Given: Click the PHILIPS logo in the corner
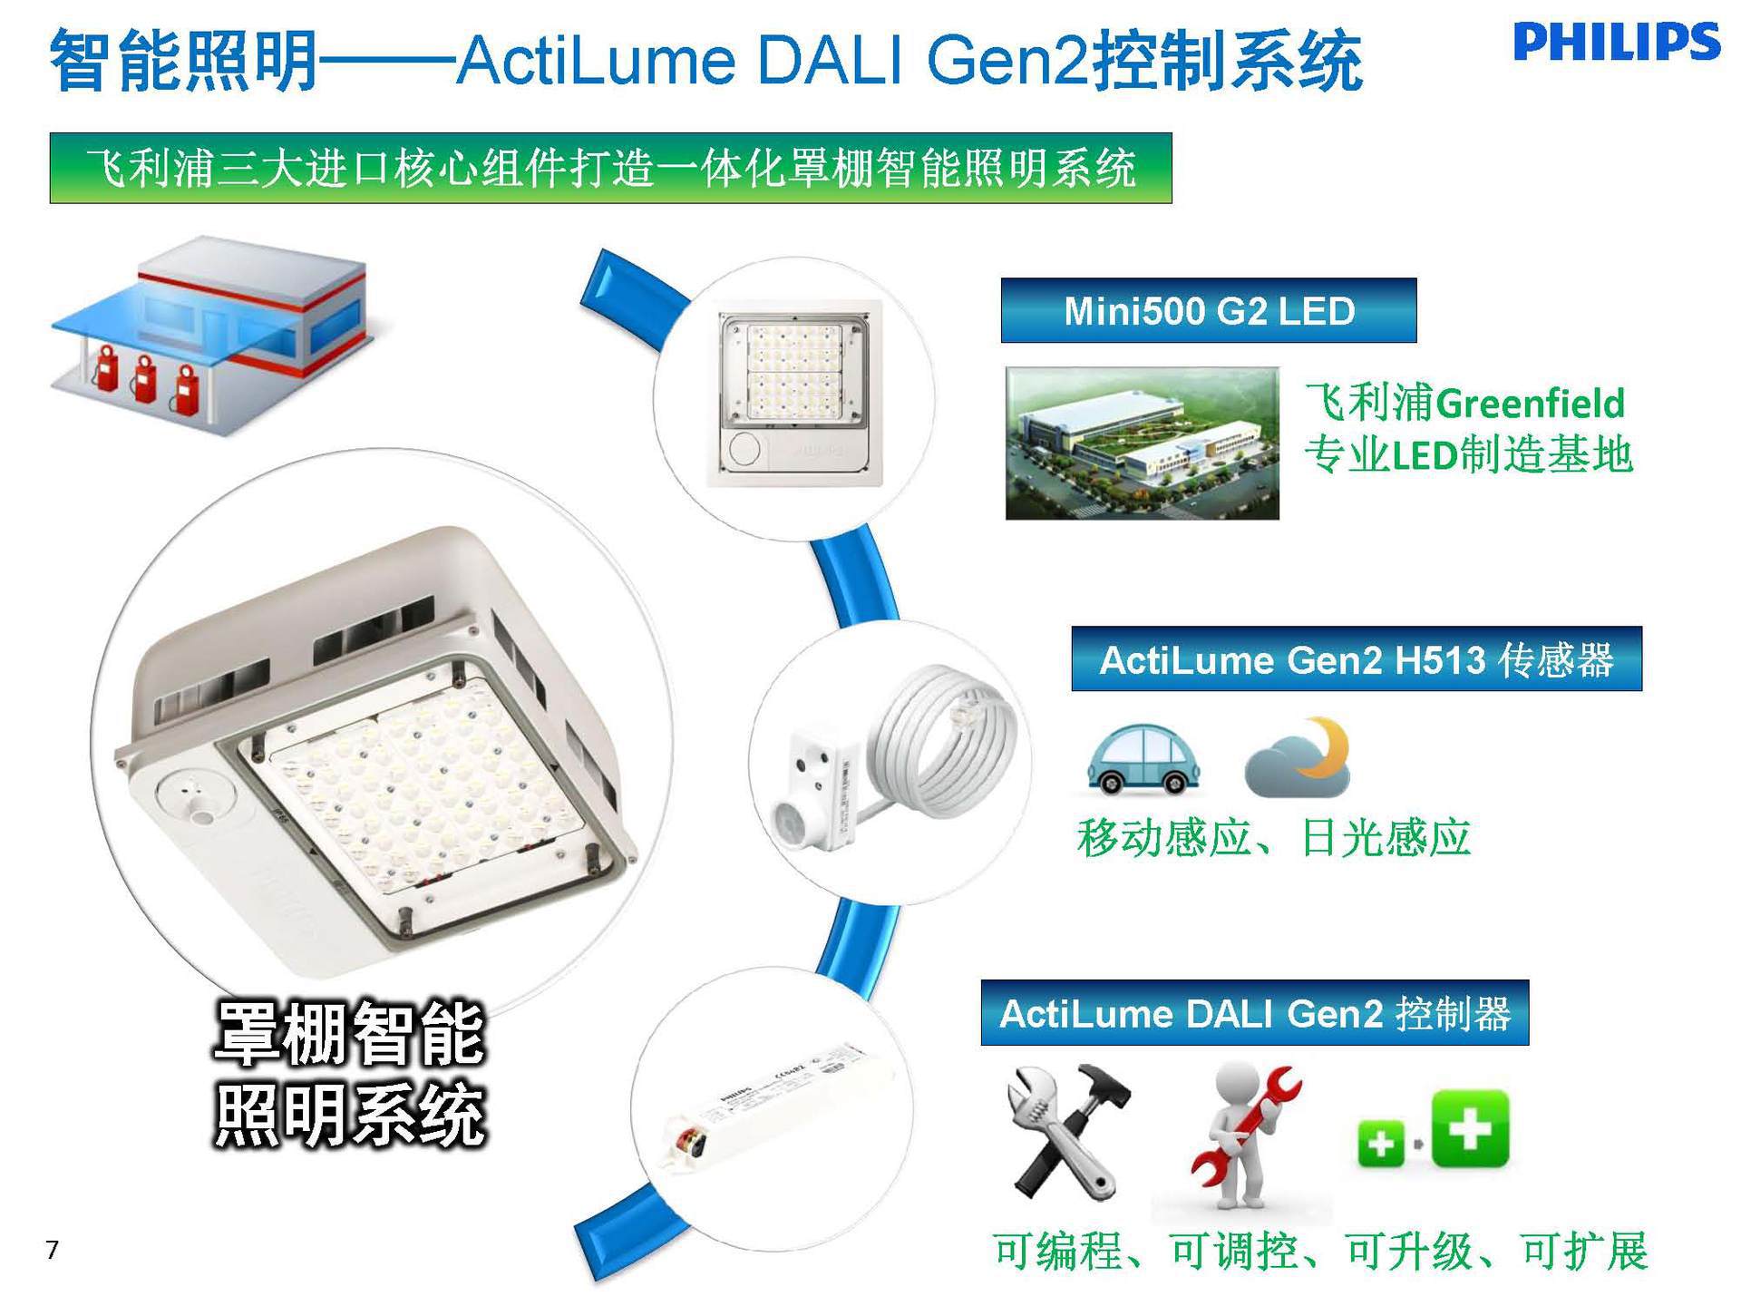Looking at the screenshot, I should (x=1616, y=43).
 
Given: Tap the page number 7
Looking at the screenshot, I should (x=52, y=1250).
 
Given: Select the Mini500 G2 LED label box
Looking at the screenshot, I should (x=1208, y=311).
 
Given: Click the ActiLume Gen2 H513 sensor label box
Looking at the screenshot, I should (x=1356, y=659).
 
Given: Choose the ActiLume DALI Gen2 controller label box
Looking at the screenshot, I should (x=1254, y=1013).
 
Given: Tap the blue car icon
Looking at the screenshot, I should (x=1143, y=759).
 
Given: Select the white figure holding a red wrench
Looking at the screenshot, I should (x=1242, y=1138).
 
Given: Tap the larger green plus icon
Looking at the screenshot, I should (x=1470, y=1129).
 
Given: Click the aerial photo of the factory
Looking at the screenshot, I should (x=1142, y=443).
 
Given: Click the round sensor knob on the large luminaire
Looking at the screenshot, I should (x=195, y=798).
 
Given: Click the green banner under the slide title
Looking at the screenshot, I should (x=610, y=168).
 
